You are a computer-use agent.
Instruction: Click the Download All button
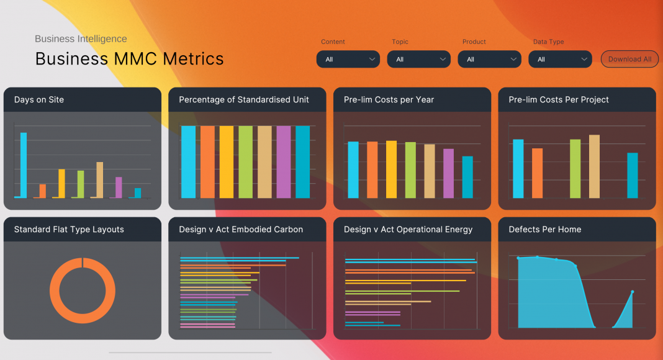[x=629, y=59]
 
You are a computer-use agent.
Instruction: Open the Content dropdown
[x=348, y=59]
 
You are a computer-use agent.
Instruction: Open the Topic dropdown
[x=418, y=59]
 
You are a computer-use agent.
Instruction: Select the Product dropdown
[x=489, y=59]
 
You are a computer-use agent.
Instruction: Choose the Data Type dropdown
[x=560, y=59]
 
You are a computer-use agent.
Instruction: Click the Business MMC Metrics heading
[x=129, y=59]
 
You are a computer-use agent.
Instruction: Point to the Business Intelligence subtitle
[x=81, y=39]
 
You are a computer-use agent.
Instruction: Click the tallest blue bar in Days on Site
[x=24, y=164]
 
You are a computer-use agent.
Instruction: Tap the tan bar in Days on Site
[x=99, y=179]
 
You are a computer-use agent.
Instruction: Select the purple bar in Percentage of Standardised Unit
[x=284, y=162]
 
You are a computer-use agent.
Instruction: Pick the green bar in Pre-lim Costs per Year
[x=410, y=170]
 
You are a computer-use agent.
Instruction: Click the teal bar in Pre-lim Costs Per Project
[x=632, y=175]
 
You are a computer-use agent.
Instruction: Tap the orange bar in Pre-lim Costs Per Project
[x=537, y=173]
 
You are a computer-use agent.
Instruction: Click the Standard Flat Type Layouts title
[x=69, y=230]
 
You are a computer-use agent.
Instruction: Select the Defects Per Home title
[x=544, y=230]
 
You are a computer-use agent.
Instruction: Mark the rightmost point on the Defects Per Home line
[x=633, y=292]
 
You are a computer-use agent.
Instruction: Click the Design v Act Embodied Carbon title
[x=241, y=230]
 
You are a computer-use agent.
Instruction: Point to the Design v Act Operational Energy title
[x=408, y=230]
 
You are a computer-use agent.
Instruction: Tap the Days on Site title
[x=39, y=100]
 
